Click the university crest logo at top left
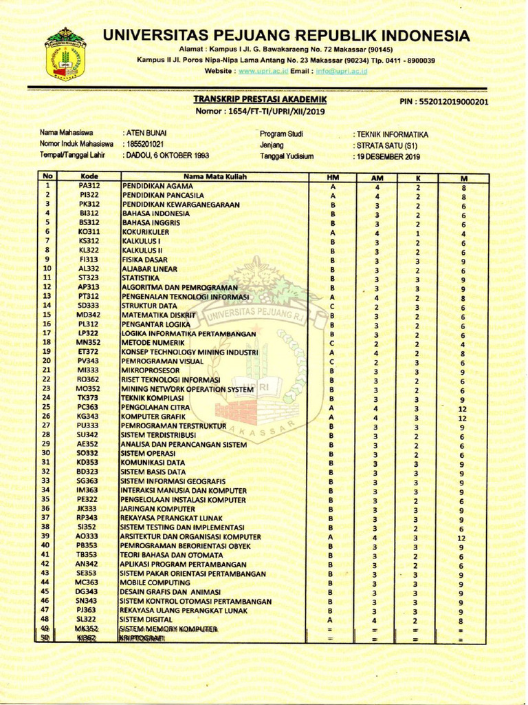click(x=65, y=53)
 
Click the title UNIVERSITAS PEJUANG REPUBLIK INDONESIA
click(x=286, y=35)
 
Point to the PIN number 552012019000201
click(x=443, y=102)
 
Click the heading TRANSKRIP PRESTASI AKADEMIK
click(x=260, y=100)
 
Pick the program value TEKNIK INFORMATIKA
click(x=391, y=134)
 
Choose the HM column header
click(x=332, y=178)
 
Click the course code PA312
click(x=89, y=186)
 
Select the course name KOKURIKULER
click(x=145, y=232)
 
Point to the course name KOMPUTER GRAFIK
click(x=154, y=417)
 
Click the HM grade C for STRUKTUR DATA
click(x=332, y=306)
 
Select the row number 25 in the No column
click(x=47, y=407)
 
